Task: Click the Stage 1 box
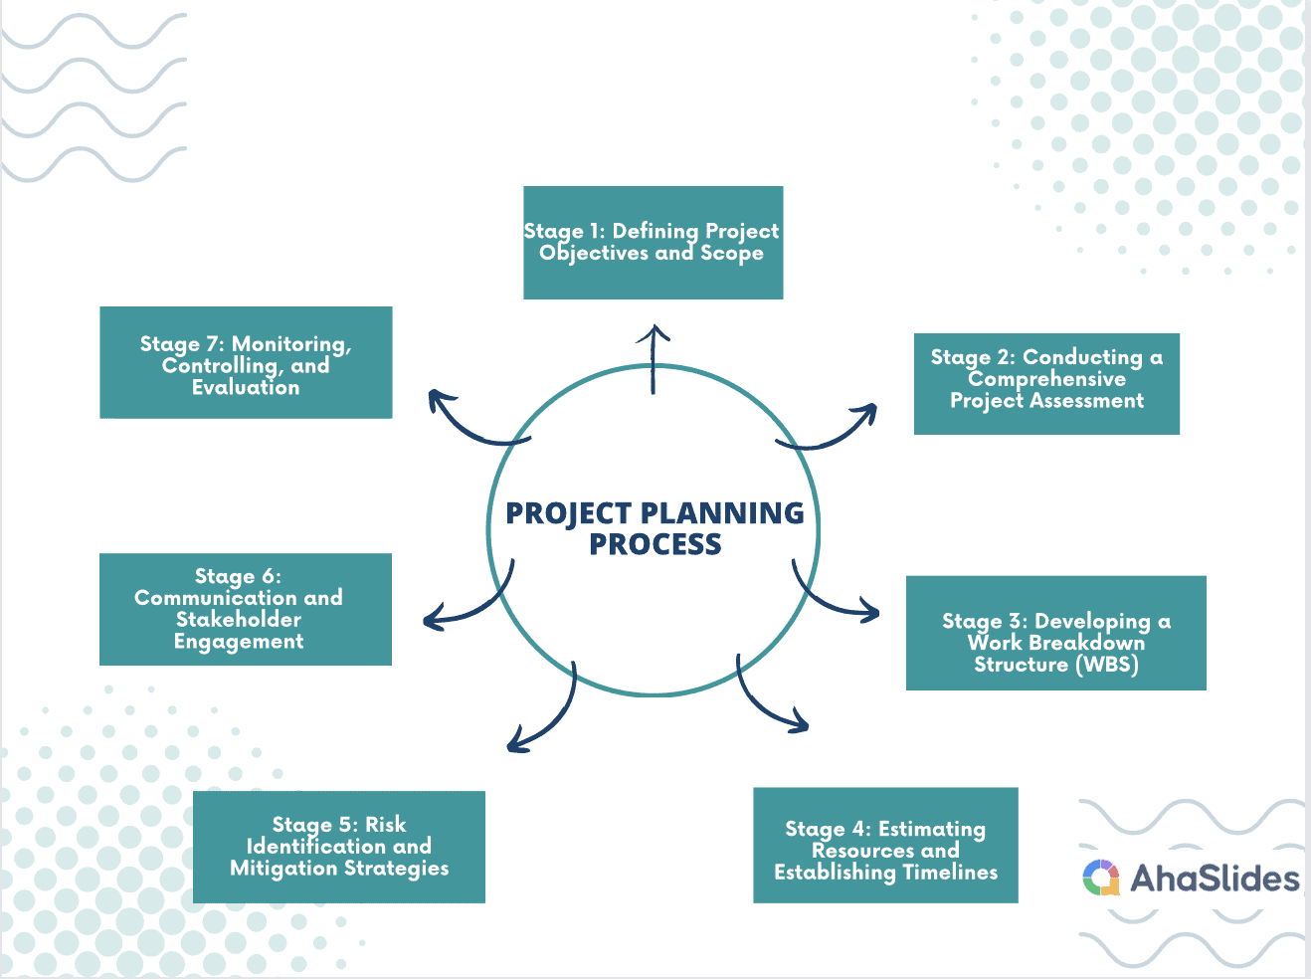pyautogui.click(x=653, y=243)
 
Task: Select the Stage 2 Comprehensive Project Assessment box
pyautogui.click(x=1046, y=383)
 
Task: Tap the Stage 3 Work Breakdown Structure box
pyautogui.click(x=1056, y=633)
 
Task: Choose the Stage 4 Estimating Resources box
pyautogui.click(x=885, y=846)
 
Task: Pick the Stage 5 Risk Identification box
pyautogui.click(x=338, y=847)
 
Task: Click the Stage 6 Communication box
pyautogui.click(x=246, y=609)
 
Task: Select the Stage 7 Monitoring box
pyautogui.click(x=246, y=362)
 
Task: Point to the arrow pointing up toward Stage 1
pyautogui.click(x=653, y=358)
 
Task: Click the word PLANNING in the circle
pyautogui.click(x=723, y=513)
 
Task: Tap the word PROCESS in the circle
pyautogui.click(x=655, y=544)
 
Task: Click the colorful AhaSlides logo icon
pyautogui.click(x=1101, y=878)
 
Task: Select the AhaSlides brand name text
pyautogui.click(x=1215, y=879)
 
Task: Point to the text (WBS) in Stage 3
pyautogui.click(x=1106, y=665)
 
